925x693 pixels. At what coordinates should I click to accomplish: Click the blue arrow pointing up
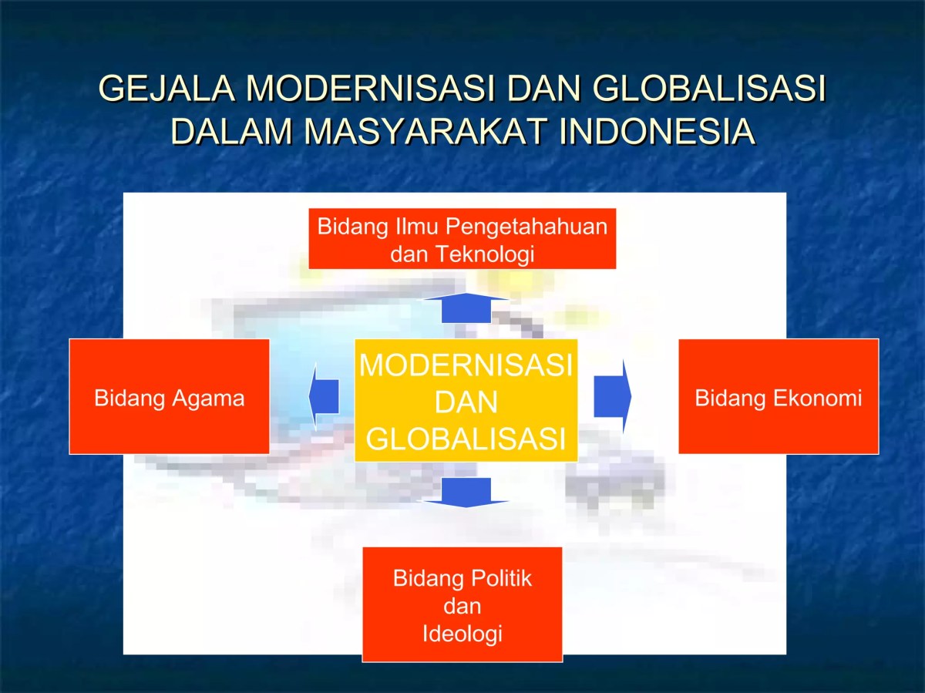pos(466,308)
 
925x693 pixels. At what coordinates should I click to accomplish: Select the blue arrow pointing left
pos(325,396)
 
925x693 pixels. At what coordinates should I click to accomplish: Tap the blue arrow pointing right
pos(612,396)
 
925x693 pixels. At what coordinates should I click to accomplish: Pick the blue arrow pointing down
pos(466,492)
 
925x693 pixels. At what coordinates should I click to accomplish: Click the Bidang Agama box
pos(169,396)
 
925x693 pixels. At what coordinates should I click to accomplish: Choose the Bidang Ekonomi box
pos(778,396)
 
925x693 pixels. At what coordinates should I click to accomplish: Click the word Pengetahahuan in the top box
pos(523,227)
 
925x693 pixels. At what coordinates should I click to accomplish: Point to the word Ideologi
pos(462,634)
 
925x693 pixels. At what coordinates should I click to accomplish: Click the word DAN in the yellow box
pos(466,402)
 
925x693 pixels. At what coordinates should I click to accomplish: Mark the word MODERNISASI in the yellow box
pos(466,365)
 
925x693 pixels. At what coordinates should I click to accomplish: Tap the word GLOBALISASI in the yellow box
pos(466,439)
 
